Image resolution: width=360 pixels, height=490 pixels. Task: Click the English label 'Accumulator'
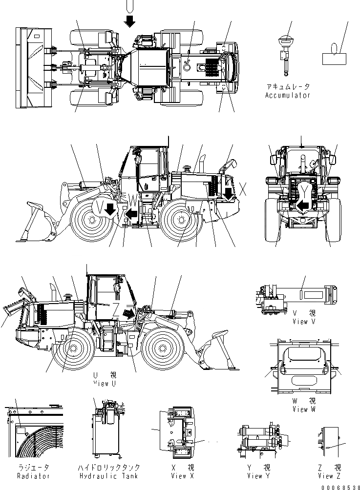tap(287, 96)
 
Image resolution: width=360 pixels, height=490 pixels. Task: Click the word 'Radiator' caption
tap(33, 476)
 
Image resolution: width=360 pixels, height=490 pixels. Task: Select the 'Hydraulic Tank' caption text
tap(109, 476)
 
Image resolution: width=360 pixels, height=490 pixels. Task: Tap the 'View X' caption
tap(179, 476)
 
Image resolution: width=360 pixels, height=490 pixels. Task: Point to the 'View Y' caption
tap(261, 476)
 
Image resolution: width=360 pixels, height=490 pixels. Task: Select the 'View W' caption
tap(300, 409)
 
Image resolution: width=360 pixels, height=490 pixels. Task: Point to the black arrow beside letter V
tap(110, 209)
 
